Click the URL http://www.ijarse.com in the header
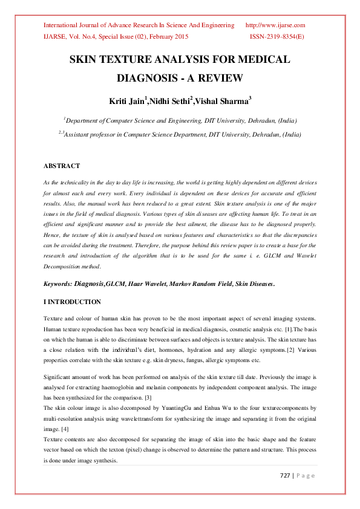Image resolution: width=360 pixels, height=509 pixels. pyautogui.click(x=275, y=25)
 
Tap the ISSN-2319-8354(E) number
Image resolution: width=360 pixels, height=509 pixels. pyautogui.click(x=277, y=36)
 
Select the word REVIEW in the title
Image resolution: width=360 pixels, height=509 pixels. pyautogui.click(x=218, y=78)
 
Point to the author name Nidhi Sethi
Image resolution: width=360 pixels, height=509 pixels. pyautogui.click(x=171, y=100)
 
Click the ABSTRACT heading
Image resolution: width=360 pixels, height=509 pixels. pyautogui.click(x=62, y=166)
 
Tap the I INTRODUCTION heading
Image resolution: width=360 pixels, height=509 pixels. pyautogui.click(x=72, y=302)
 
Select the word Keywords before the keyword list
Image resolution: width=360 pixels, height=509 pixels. pyautogui.click(x=57, y=283)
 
